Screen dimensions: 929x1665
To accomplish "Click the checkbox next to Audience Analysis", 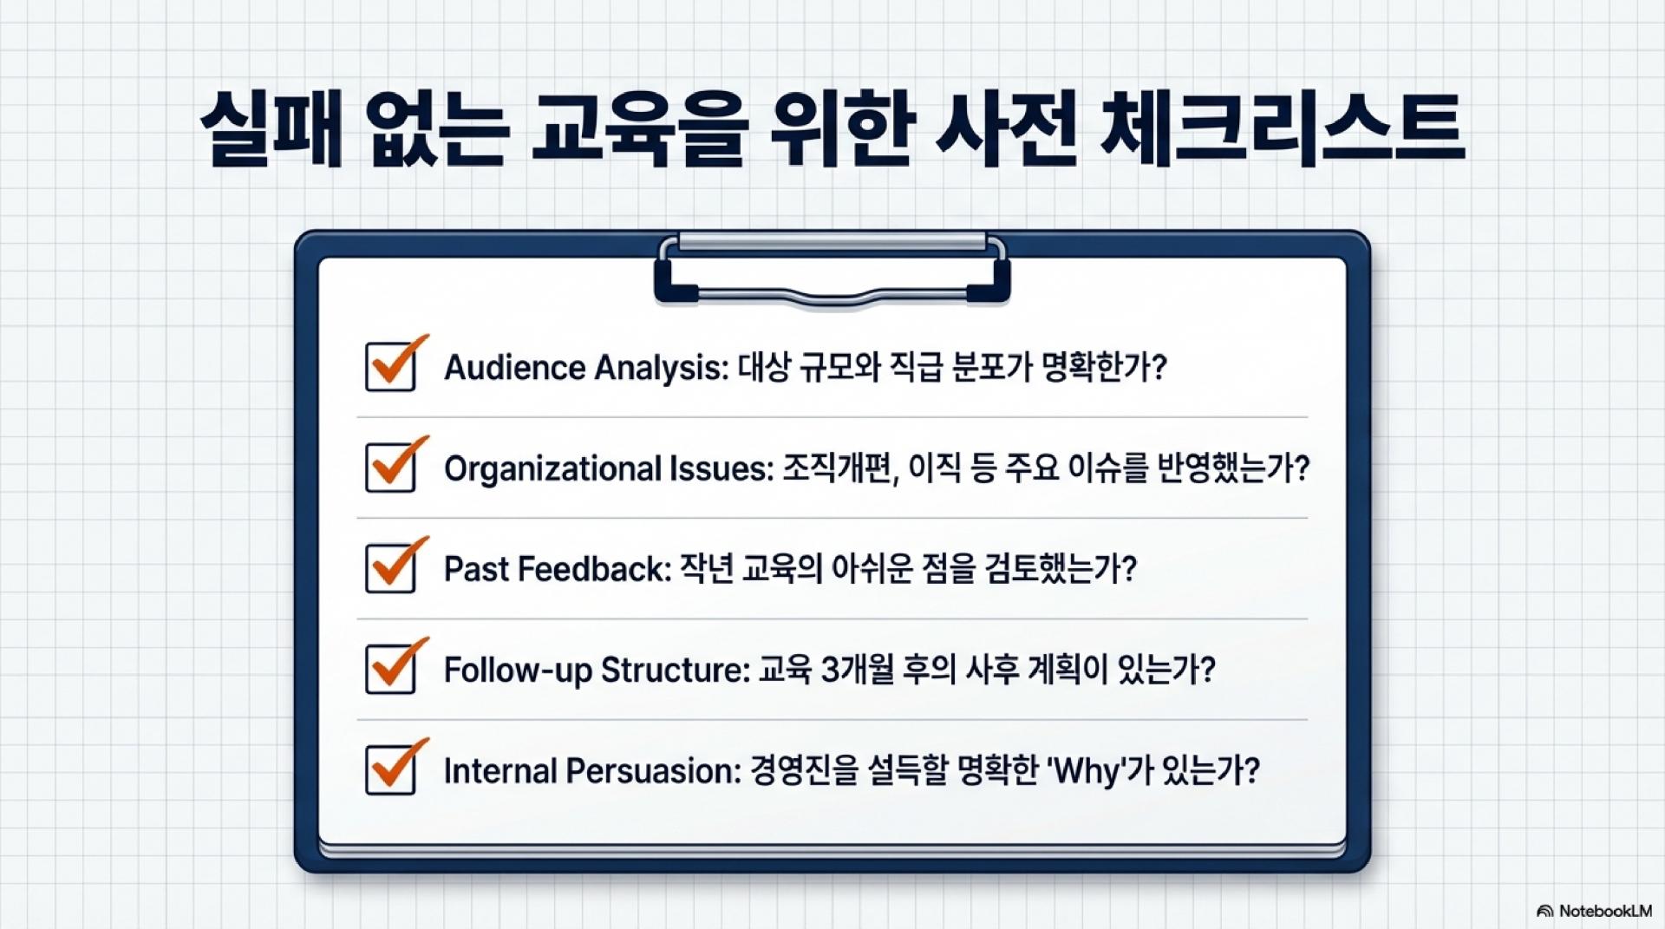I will point(390,367).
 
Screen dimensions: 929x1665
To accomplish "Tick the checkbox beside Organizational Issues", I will point(390,468).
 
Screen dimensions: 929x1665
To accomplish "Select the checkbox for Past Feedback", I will point(390,568).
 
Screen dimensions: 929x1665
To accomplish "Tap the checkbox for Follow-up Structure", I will point(390,669).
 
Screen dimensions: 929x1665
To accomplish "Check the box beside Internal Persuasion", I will point(390,769).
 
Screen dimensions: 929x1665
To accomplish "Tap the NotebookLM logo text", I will point(1604,911).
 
